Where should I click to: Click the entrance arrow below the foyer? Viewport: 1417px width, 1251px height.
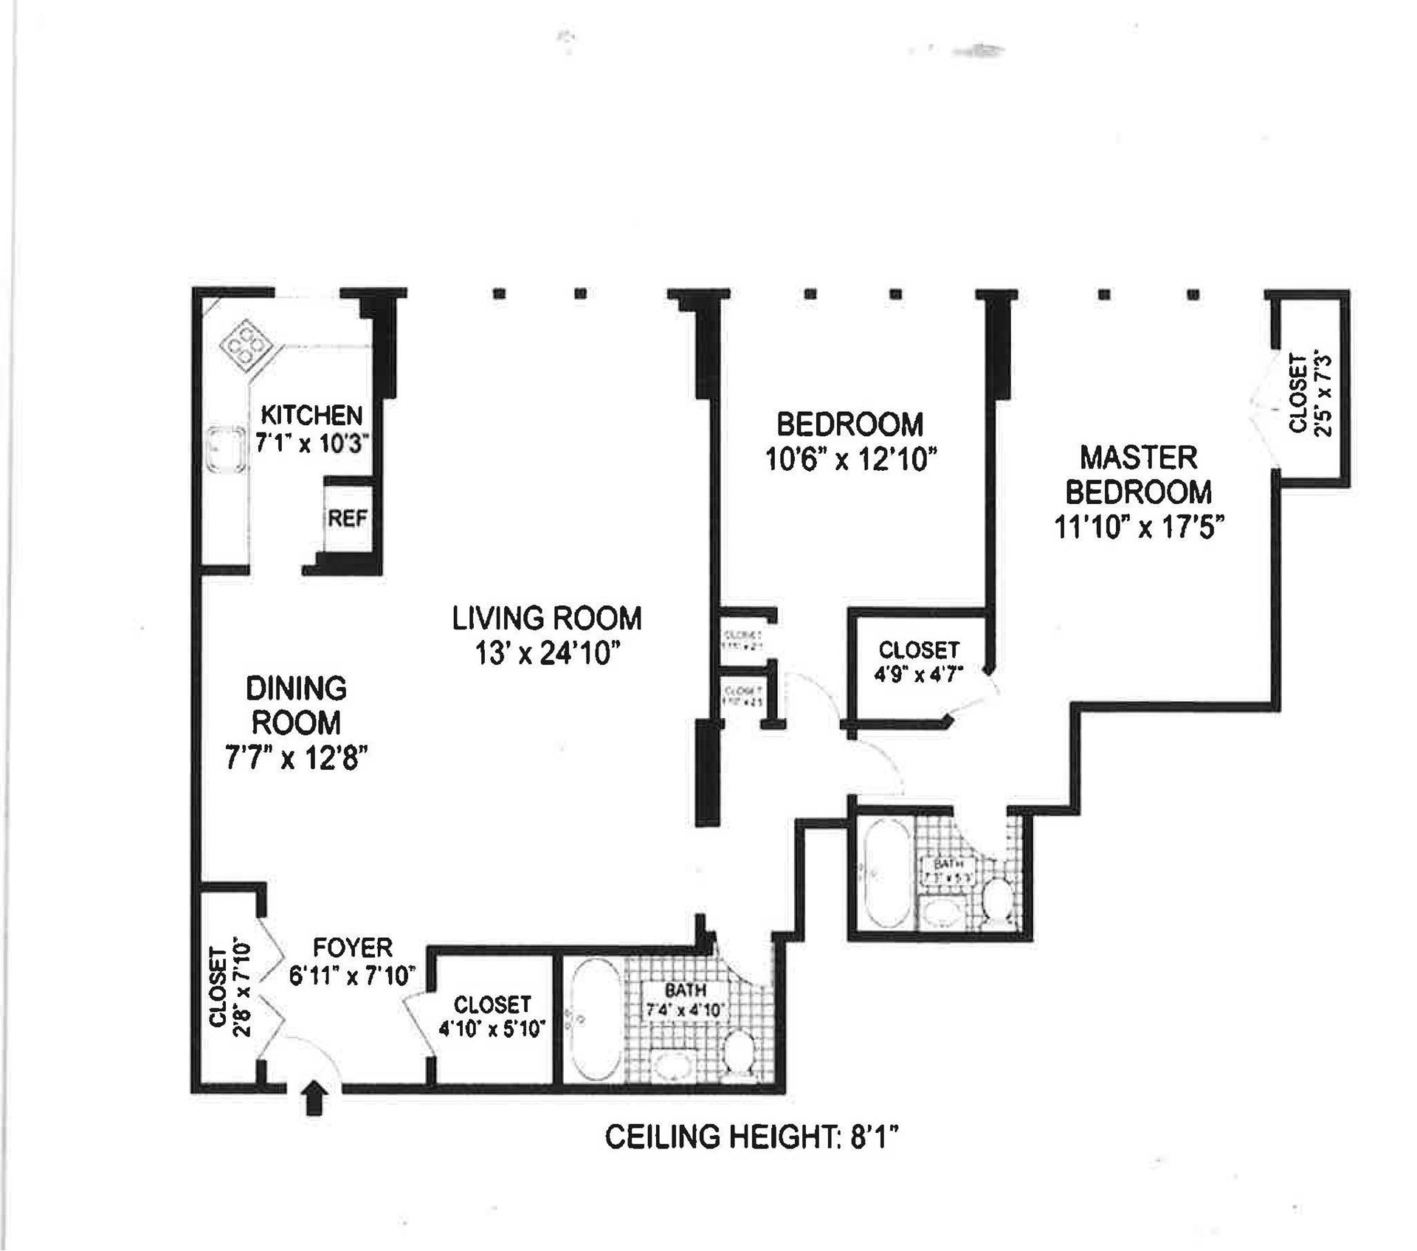pyautogui.click(x=315, y=1097)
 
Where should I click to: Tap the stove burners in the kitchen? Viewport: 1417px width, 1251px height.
pyautogui.click(x=244, y=343)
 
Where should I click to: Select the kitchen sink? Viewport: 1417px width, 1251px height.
pyautogui.click(x=226, y=448)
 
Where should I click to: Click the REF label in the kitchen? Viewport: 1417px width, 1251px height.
pyautogui.click(x=347, y=518)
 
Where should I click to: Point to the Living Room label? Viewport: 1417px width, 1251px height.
pyautogui.click(x=547, y=618)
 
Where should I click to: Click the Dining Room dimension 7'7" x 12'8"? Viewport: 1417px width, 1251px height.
pyautogui.click(x=297, y=757)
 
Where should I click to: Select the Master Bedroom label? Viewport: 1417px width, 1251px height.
pyautogui.click(x=1139, y=475)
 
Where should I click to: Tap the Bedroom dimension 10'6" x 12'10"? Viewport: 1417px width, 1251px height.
pyautogui.click(x=851, y=460)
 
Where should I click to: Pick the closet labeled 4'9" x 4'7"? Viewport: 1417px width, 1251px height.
pyautogui.click(x=919, y=661)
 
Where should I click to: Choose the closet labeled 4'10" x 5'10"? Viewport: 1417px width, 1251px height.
pyautogui.click(x=492, y=1016)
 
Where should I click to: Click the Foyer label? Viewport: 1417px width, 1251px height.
pyautogui.click(x=353, y=947)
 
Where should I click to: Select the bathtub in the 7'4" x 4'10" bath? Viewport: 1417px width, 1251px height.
pyautogui.click(x=595, y=1018)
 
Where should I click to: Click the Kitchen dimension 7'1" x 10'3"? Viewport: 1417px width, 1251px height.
pyautogui.click(x=311, y=444)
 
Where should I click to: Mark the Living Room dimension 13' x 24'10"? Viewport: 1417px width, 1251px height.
pyautogui.click(x=547, y=653)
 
